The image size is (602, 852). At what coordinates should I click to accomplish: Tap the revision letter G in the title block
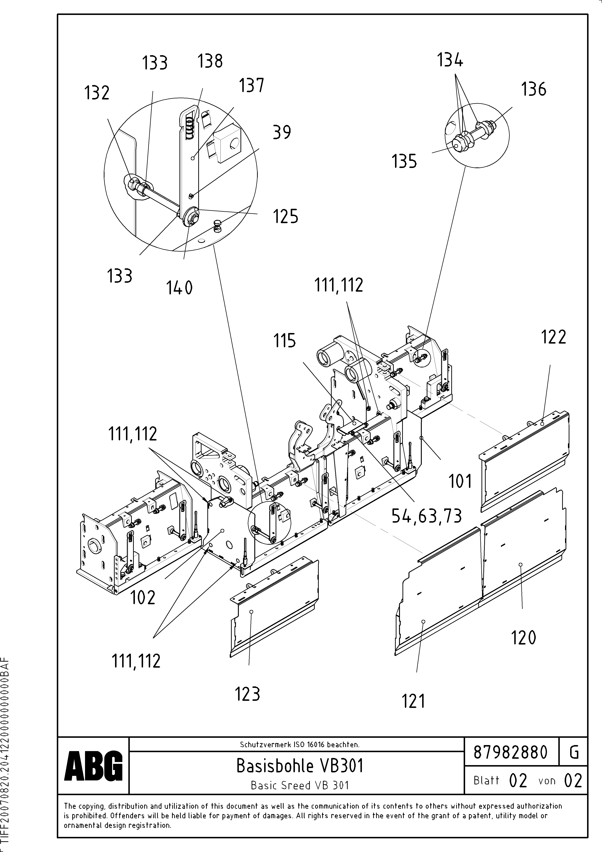[x=573, y=753]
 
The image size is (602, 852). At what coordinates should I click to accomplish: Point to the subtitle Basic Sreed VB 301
[x=300, y=785]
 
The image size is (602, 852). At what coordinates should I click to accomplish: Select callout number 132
[x=97, y=93]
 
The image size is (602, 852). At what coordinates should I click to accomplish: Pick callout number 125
[x=286, y=216]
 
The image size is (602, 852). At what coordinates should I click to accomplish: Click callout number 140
[x=179, y=288]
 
